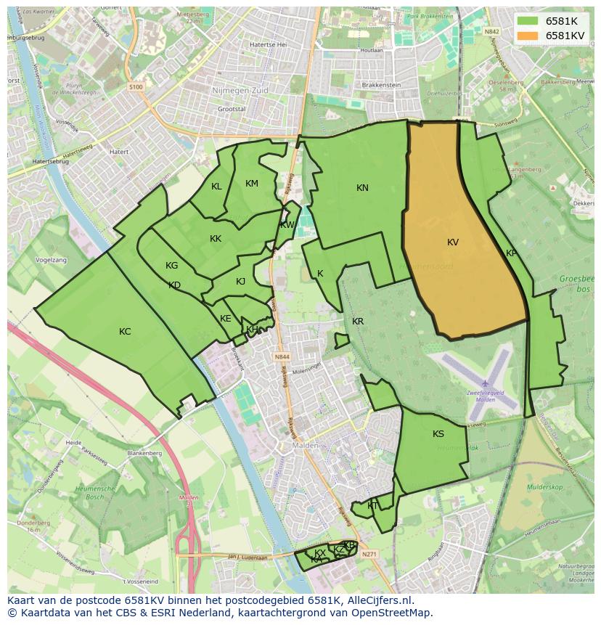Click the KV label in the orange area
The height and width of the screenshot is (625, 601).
click(x=453, y=242)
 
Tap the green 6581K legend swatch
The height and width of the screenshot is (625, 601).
click(x=528, y=21)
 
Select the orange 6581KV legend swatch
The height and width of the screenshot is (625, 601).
click(x=528, y=36)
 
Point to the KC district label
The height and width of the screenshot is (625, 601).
click(x=125, y=332)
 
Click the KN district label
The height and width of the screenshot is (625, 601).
click(x=362, y=188)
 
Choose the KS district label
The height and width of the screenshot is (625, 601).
click(x=438, y=434)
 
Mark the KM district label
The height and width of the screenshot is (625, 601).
click(x=252, y=184)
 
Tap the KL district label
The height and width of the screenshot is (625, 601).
click(x=216, y=187)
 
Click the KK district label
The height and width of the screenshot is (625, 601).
click(x=216, y=239)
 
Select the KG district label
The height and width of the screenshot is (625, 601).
click(x=171, y=266)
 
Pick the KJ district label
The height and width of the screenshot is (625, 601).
click(x=240, y=282)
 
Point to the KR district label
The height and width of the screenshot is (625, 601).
click(x=358, y=322)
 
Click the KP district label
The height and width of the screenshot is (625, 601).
click(x=511, y=253)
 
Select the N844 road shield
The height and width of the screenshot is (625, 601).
click(x=282, y=357)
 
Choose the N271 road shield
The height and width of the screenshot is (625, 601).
click(x=370, y=553)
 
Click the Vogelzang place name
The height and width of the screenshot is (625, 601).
click(x=50, y=259)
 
